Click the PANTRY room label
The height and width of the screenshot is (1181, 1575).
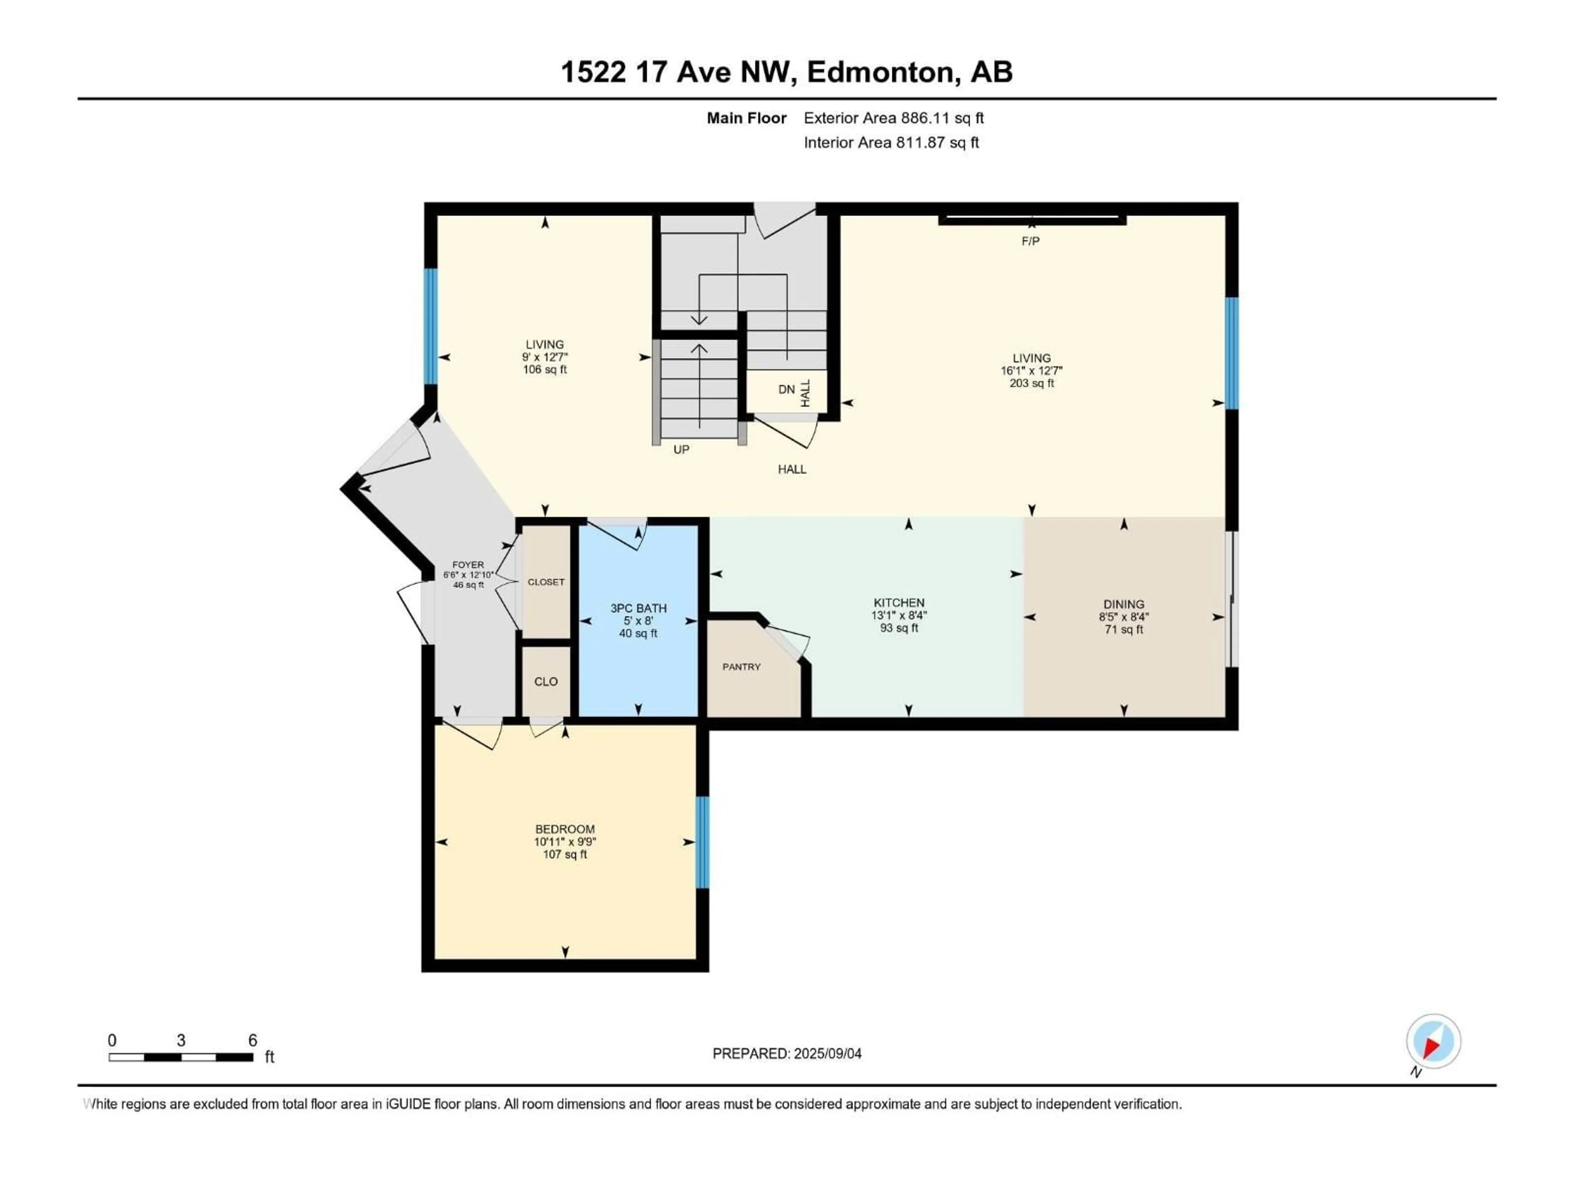pos(741,667)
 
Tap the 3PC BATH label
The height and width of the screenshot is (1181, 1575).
pos(638,608)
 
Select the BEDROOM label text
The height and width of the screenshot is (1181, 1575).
pos(565,829)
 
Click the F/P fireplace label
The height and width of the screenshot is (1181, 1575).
pos(1030,241)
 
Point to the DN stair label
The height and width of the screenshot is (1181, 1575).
pos(786,390)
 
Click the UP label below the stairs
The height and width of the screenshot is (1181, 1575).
pos(681,450)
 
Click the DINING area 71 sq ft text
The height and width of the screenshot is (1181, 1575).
pos(1123,629)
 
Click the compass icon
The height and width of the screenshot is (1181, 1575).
pos(1433,1042)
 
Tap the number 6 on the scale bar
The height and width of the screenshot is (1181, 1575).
pos(252,1040)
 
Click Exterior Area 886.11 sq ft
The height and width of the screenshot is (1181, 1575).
pos(894,118)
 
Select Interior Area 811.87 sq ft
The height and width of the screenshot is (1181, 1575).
pos(891,142)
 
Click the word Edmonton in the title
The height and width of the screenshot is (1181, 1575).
pos(880,72)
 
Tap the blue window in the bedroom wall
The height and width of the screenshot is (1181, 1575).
pos(702,842)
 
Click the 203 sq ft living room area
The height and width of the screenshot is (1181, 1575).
pos(1031,383)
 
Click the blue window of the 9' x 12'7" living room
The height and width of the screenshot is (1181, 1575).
pos(430,326)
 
